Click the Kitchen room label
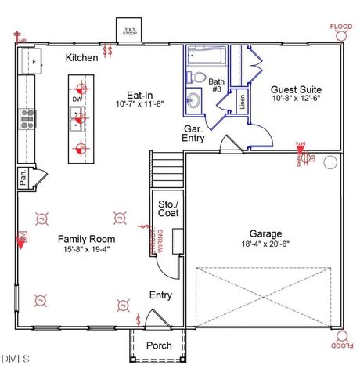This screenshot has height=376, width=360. click(x=81, y=58)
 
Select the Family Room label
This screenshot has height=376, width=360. click(x=86, y=239)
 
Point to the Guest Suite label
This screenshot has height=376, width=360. click(x=296, y=89)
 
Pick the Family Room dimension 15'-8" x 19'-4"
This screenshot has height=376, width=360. click(x=86, y=249)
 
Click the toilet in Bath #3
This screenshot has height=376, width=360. click(x=199, y=78)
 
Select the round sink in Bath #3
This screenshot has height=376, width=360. click(x=194, y=100)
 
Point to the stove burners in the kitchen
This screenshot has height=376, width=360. click(x=27, y=118)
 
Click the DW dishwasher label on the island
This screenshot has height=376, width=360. click(x=77, y=100)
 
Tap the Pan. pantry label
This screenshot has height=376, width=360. click(x=23, y=178)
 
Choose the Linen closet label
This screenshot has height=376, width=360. click(x=243, y=99)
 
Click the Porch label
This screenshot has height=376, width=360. click(x=160, y=345)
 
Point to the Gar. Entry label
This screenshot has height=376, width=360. click(x=194, y=132)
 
